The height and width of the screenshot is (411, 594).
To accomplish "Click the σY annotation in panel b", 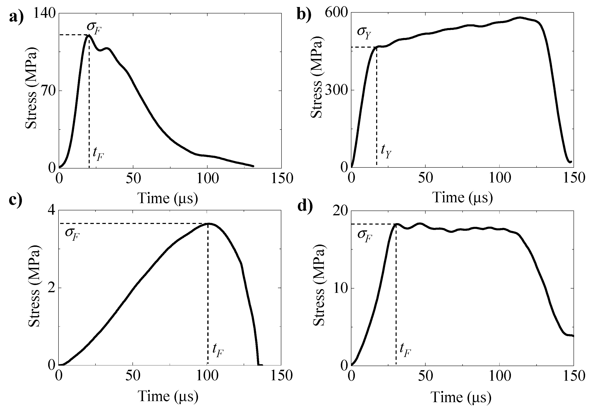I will (x=364, y=33).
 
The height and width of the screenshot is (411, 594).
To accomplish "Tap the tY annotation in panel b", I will (x=386, y=151).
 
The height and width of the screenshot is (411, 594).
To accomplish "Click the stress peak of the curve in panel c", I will (x=209, y=224).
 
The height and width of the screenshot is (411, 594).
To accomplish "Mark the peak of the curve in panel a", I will (x=89, y=35).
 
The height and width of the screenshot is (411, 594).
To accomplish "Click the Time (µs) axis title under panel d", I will (x=461, y=397).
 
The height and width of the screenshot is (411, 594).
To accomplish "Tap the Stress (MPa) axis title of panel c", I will (x=34, y=288).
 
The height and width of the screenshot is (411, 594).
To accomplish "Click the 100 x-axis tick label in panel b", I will (x=500, y=178).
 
